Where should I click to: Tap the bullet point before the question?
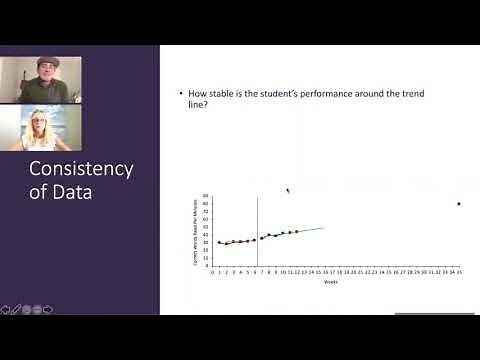181,93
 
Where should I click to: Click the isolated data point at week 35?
458,204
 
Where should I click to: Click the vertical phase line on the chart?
257,230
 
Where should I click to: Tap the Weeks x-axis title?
330,282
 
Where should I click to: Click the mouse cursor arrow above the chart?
288,190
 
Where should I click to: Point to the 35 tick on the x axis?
458,271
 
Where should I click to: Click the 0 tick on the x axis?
212,271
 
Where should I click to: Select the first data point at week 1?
219,242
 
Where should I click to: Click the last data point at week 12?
297,231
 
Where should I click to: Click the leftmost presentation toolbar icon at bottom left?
6,309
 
